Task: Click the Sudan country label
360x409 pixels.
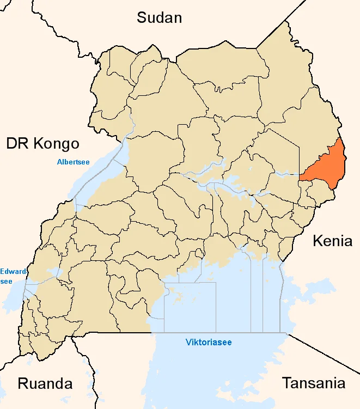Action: pyautogui.click(x=159, y=17)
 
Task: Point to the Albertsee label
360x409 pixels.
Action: pyautogui.click(x=73, y=161)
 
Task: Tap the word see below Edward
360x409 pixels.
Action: pyautogui.click(x=6, y=281)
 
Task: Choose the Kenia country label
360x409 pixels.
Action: pyautogui.click(x=332, y=241)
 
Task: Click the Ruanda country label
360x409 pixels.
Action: pyautogui.click(x=45, y=383)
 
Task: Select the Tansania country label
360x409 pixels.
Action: pyautogui.click(x=313, y=383)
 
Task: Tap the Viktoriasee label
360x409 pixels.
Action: pyautogui.click(x=209, y=343)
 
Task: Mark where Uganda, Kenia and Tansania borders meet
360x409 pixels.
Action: pyautogui.click(x=288, y=333)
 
